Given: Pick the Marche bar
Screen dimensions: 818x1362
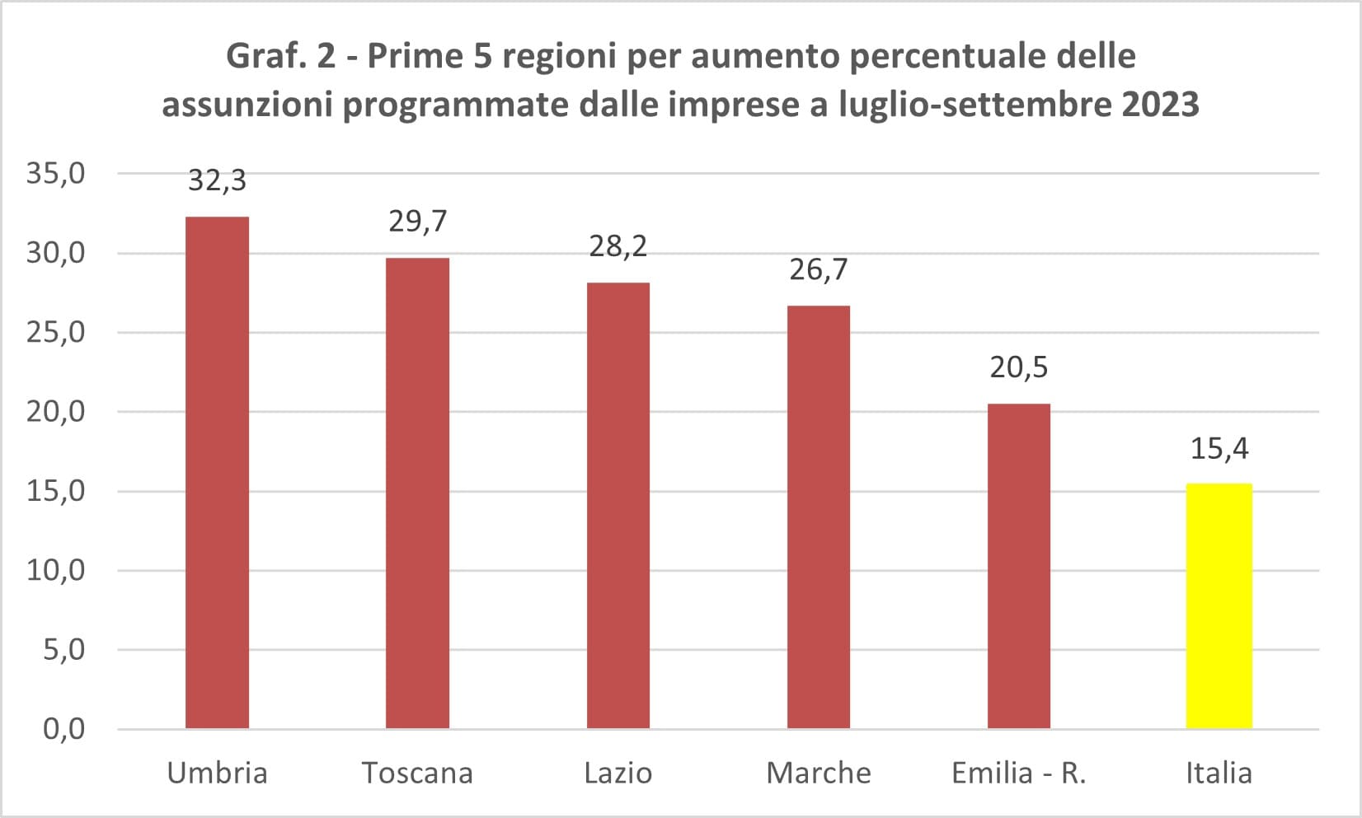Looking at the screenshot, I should (x=819, y=517).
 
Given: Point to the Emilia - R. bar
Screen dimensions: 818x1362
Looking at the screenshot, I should (x=1019, y=566).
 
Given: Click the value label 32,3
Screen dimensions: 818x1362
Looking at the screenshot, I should (x=217, y=180).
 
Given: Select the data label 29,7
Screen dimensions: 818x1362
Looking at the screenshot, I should (x=417, y=222).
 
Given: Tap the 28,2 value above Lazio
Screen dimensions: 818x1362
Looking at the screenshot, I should (x=618, y=246).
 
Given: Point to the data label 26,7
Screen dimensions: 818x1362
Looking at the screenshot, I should (x=819, y=269).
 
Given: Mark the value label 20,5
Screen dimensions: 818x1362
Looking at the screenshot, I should (x=1019, y=367).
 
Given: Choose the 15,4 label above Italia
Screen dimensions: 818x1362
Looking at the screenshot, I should (x=1219, y=449).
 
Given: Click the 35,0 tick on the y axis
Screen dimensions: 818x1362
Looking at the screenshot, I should (x=56, y=174).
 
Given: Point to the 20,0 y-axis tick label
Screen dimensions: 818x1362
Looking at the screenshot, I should (x=56, y=412).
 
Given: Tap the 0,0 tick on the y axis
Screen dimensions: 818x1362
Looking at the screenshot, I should (x=63, y=729).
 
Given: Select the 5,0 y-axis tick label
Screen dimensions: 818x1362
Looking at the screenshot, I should (x=63, y=650).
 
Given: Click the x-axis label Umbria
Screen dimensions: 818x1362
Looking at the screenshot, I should (x=217, y=774).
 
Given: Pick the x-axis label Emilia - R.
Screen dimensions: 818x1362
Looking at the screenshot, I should (x=1019, y=774).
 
